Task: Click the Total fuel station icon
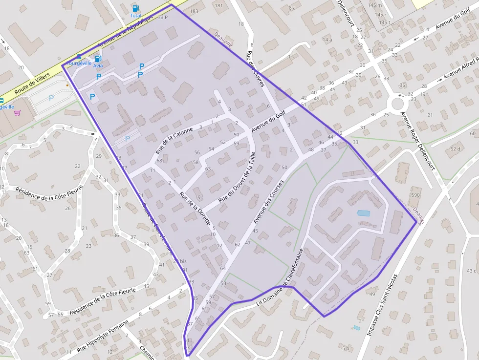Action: [135, 8]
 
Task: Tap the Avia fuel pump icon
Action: [98, 59]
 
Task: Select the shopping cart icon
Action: [18, 113]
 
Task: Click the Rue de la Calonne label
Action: [175, 138]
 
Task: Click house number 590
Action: [415, 195]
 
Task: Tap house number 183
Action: [194, 11]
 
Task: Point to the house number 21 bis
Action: [180, 261]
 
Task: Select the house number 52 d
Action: [456, 148]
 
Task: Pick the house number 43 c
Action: [471, 271]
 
